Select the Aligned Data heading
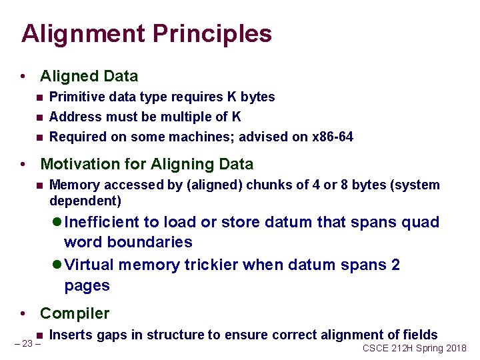pyautogui.click(x=89, y=76)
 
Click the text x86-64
pyautogui.click(x=333, y=137)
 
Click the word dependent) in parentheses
pyautogui.click(x=85, y=201)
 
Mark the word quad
pyautogui.click(x=421, y=222)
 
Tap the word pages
pyautogui.click(x=87, y=286)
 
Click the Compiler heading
pyautogui.click(x=75, y=313)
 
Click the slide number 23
pyautogui.click(x=27, y=344)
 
